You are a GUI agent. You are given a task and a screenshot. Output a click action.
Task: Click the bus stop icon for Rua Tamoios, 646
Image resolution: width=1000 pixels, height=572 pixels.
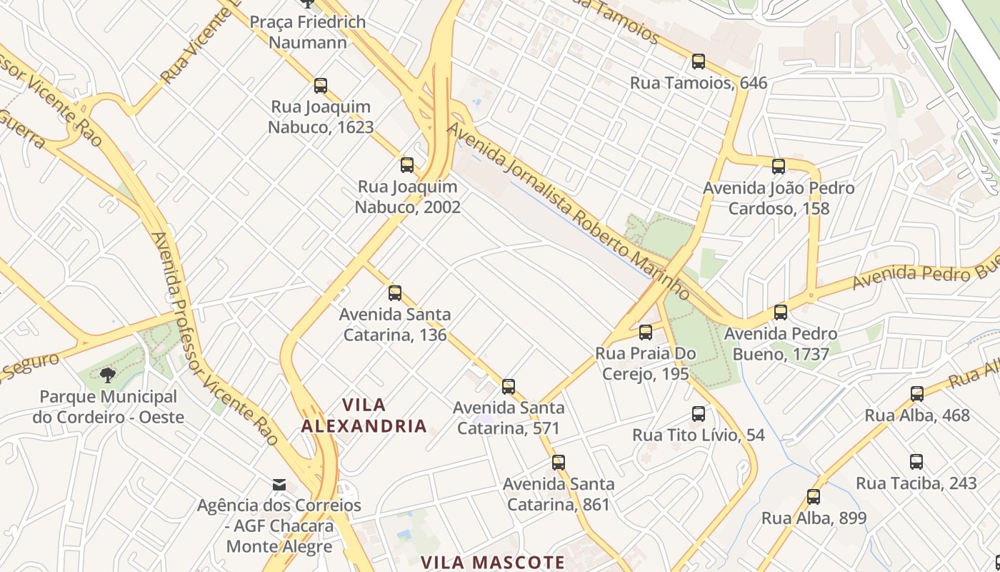[x=699, y=61]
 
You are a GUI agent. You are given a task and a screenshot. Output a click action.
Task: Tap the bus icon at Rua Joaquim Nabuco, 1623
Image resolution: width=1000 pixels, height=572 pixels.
[x=321, y=86]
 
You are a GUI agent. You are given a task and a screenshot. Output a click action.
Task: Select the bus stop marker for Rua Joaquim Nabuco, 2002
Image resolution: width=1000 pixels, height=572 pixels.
[x=407, y=165]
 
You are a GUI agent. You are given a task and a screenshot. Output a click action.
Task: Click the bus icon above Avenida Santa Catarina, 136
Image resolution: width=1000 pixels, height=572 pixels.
[x=395, y=292]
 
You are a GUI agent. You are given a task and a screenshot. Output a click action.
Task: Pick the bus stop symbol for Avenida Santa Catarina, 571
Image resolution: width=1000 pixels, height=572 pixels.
[x=509, y=387]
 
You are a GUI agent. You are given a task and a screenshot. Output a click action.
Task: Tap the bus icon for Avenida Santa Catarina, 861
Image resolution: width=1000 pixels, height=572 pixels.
[x=559, y=463]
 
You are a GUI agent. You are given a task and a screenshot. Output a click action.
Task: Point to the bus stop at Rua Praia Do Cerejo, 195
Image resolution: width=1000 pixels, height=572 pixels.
[x=646, y=332]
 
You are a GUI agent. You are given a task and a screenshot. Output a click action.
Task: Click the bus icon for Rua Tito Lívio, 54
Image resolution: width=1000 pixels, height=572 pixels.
[x=699, y=413]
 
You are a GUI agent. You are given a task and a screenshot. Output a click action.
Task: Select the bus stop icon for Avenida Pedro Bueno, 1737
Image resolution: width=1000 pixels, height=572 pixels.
[x=781, y=312]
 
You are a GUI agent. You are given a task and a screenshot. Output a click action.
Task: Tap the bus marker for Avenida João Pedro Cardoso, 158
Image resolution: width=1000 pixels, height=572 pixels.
[x=779, y=167]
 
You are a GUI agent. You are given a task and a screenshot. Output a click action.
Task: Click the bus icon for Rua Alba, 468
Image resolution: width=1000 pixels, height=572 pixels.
[x=917, y=393]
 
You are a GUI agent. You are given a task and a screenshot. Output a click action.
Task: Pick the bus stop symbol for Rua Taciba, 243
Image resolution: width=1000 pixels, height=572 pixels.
[x=916, y=462]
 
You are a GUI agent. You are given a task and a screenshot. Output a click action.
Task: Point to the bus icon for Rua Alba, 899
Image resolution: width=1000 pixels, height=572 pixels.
[x=814, y=497]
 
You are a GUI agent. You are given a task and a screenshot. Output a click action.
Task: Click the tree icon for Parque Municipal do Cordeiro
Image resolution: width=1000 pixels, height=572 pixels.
[x=108, y=375]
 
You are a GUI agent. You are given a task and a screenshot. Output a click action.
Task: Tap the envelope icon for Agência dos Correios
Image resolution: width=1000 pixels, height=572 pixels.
[x=279, y=485]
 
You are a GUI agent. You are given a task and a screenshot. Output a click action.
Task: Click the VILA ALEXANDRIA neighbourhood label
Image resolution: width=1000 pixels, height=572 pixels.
[x=364, y=415]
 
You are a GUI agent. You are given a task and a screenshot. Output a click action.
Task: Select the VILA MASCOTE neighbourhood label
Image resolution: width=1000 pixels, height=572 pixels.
[x=493, y=562]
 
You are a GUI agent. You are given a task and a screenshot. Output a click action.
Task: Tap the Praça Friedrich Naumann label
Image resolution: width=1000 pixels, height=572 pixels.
[x=307, y=32]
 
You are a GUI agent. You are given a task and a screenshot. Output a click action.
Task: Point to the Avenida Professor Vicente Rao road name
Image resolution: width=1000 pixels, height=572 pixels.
[x=214, y=336]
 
